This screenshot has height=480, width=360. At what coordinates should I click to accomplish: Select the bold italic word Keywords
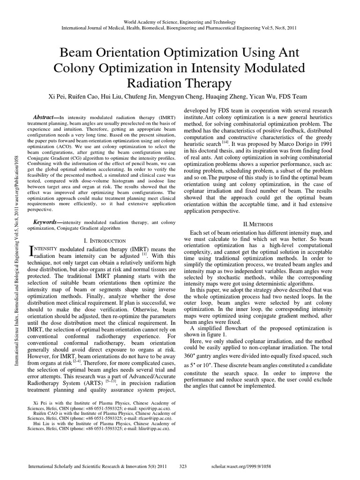coord(46,222)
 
